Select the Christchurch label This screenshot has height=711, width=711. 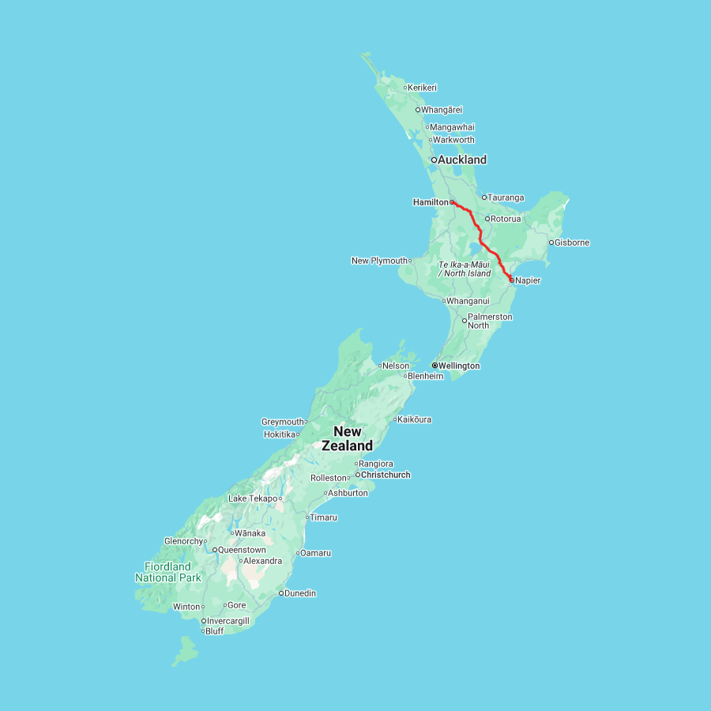pos(386,475)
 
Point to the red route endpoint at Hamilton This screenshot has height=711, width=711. pos(453,202)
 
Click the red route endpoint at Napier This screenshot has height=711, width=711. pos(511,280)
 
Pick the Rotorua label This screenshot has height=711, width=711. pos(506,219)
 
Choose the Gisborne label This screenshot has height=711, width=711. pos(572,243)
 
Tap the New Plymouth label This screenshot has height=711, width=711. pos(379,261)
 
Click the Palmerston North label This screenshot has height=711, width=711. pos(490,321)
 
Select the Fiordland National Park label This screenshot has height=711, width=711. pos(167,572)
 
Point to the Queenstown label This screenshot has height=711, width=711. pos(242,550)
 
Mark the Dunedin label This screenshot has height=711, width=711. pos(300,593)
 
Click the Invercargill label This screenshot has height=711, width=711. pos(228,621)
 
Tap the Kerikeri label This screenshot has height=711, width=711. pos(423,88)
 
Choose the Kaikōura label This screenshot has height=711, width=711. pos(415,419)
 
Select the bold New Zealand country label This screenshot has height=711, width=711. pos(348,438)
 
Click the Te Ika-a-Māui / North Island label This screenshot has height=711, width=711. pos(465,269)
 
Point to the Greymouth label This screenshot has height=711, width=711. pos(283,422)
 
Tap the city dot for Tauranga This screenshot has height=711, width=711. pos(484,197)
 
